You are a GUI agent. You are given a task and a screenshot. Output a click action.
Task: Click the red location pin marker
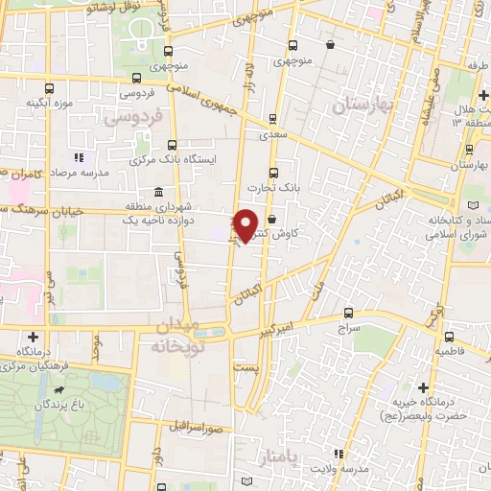point(246,224)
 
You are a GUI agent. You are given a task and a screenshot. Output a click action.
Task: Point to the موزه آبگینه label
point(51,103)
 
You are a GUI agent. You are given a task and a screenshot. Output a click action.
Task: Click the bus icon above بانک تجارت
point(274,174)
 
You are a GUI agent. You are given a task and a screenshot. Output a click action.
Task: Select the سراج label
point(346,326)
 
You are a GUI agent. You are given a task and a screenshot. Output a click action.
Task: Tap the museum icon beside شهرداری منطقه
point(156,193)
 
